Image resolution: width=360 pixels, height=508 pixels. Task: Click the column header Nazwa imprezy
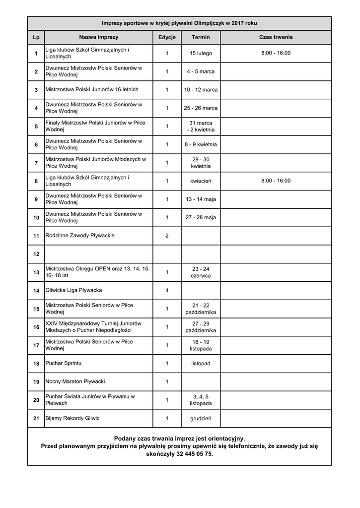click(98, 37)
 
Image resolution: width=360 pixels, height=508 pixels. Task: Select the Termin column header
click(201, 37)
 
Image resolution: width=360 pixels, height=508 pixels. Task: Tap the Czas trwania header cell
click(276, 37)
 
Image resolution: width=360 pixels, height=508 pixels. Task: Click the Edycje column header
click(167, 37)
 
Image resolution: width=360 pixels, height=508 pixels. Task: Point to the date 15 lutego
click(201, 53)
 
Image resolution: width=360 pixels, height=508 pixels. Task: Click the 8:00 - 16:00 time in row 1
click(276, 53)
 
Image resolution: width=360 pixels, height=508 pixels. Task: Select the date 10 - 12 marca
click(201, 90)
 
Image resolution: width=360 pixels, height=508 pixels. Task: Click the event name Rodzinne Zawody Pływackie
click(80, 236)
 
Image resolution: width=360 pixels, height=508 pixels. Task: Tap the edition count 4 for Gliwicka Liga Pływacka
click(167, 291)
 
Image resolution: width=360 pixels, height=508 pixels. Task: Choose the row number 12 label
click(36, 254)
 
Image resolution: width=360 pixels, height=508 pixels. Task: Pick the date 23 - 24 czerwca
click(201, 272)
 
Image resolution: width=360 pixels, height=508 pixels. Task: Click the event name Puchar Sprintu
click(64, 364)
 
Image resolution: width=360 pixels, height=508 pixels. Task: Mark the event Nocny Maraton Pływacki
click(75, 382)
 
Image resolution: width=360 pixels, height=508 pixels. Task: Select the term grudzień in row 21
click(201, 419)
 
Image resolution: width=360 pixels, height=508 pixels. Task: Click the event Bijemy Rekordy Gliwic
click(72, 419)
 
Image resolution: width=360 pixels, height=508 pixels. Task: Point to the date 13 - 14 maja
click(201, 199)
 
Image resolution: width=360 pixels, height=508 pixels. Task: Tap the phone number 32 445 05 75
click(194, 454)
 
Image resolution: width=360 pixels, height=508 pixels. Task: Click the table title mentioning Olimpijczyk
click(179, 23)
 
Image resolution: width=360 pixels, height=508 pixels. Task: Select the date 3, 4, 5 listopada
click(201, 400)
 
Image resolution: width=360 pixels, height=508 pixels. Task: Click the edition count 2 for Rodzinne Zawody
click(167, 236)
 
